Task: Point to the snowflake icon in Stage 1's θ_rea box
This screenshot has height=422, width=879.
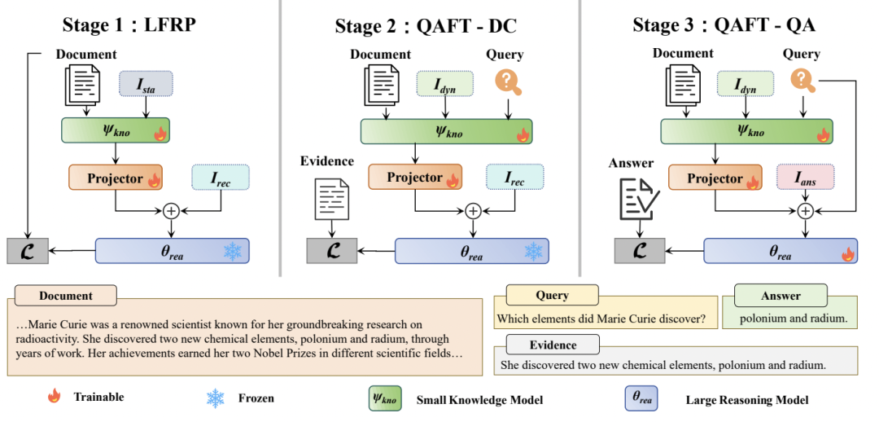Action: (x=234, y=251)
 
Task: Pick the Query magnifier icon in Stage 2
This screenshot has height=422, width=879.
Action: (x=509, y=82)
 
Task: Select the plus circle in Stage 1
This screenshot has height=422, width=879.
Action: (x=171, y=210)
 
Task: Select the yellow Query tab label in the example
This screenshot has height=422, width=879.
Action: (x=552, y=296)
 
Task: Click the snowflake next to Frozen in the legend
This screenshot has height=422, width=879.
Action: (x=216, y=398)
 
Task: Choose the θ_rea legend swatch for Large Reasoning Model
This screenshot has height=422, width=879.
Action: (x=640, y=399)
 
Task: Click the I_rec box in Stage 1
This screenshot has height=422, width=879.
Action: (x=221, y=178)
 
